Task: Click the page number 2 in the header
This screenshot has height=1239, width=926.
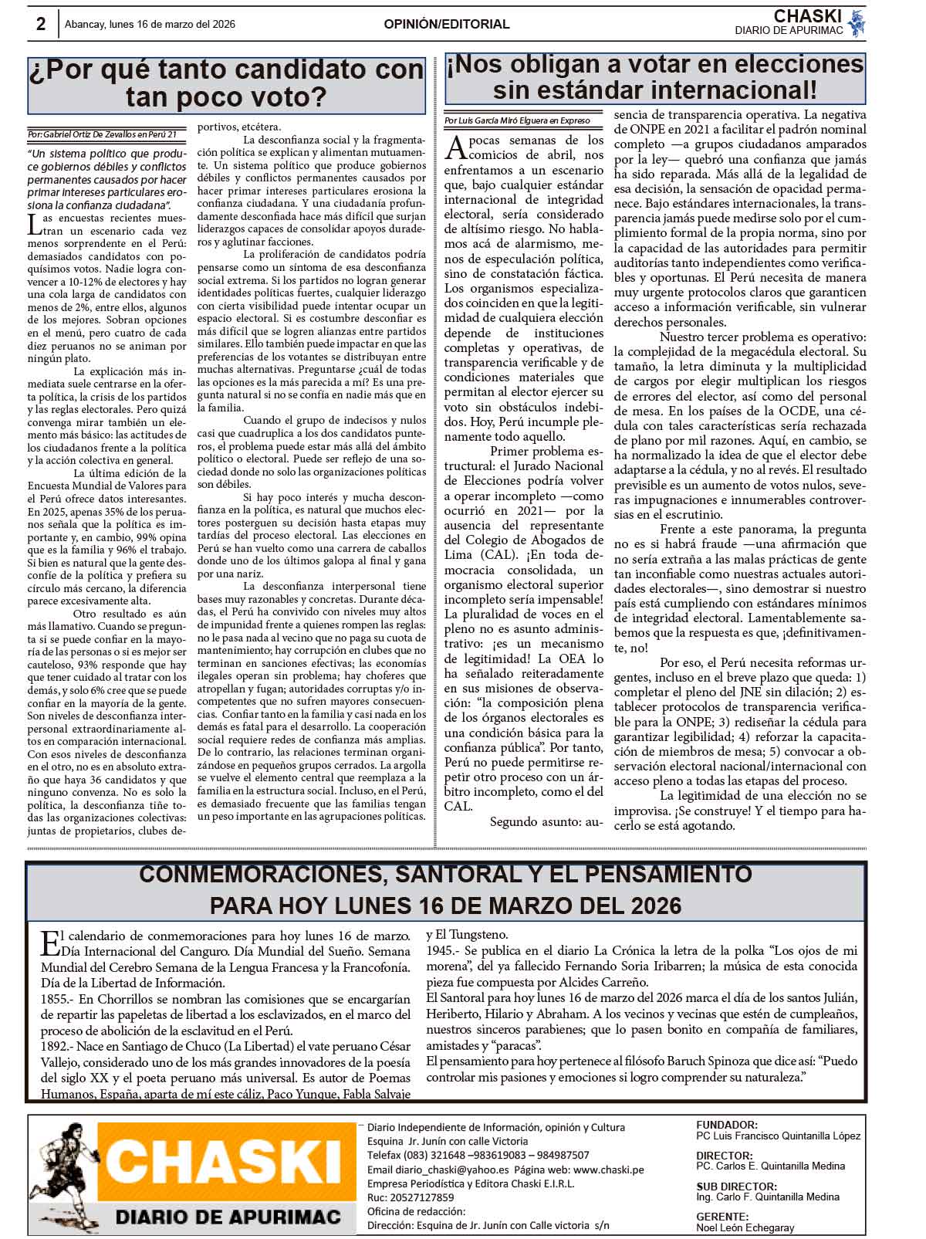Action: tap(41, 24)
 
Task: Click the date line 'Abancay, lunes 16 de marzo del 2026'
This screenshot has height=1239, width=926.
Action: tap(150, 25)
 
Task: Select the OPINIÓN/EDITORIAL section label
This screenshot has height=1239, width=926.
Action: tap(447, 25)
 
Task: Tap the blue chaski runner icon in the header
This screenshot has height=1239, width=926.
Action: tap(855, 23)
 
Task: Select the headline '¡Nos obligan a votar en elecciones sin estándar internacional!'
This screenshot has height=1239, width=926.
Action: tap(654, 76)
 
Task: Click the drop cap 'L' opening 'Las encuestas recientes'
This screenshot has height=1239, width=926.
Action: tap(34, 225)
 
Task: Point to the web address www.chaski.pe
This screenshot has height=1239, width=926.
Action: tap(608, 1170)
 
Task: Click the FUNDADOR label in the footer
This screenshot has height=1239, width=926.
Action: tap(726, 1125)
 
